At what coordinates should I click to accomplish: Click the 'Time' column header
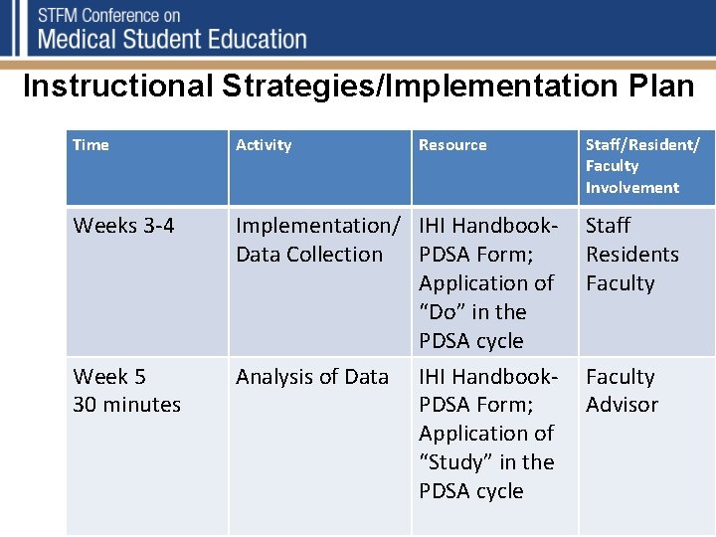coord(90,145)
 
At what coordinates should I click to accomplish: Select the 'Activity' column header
coord(264,145)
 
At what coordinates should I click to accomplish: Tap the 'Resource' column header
coord(452,145)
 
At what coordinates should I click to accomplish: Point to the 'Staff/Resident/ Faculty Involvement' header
coord(642,166)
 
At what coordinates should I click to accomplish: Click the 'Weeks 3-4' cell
coord(123,226)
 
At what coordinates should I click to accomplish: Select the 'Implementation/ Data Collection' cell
coord(318,240)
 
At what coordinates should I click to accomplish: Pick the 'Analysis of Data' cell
coord(312,377)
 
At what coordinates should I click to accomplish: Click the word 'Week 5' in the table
coord(109,377)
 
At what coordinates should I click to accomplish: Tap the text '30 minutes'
coord(126,405)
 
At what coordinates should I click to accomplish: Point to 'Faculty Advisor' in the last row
coord(622,391)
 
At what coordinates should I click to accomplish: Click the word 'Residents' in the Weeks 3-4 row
coord(631,255)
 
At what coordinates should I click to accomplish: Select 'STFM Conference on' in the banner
coord(109,16)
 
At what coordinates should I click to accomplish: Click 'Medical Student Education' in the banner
coord(171,40)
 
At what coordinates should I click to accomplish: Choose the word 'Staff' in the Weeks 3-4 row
coord(608,226)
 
